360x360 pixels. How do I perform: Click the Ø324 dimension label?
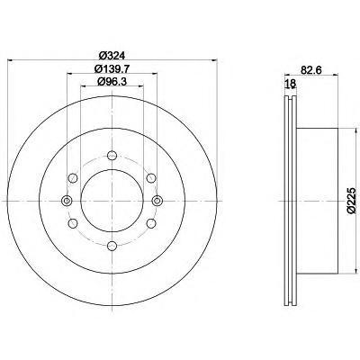(x=112, y=56)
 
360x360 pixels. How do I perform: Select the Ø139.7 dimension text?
(x=112, y=68)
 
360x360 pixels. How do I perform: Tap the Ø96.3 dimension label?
(x=112, y=81)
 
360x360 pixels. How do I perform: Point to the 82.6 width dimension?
(x=311, y=70)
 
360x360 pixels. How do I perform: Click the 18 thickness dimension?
(x=291, y=84)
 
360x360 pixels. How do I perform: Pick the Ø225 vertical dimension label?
(x=351, y=201)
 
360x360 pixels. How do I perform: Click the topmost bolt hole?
(x=112, y=156)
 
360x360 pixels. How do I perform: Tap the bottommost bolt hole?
(x=112, y=246)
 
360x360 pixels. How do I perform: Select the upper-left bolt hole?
(x=73, y=178)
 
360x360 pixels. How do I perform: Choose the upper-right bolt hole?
(x=151, y=178)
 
